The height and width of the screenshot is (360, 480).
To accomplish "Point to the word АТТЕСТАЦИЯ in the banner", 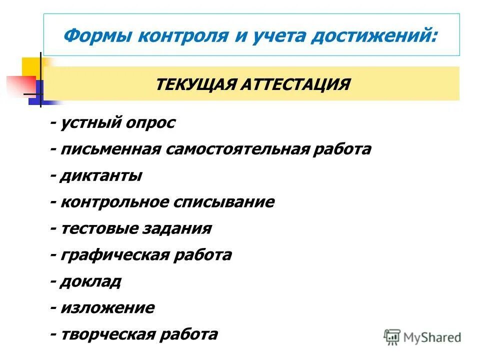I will (295, 84).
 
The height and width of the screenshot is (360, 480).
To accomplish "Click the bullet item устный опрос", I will (118, 123).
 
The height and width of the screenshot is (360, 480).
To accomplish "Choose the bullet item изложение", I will (107, 308).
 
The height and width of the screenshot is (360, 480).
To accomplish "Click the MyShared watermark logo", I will (422, 336).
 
